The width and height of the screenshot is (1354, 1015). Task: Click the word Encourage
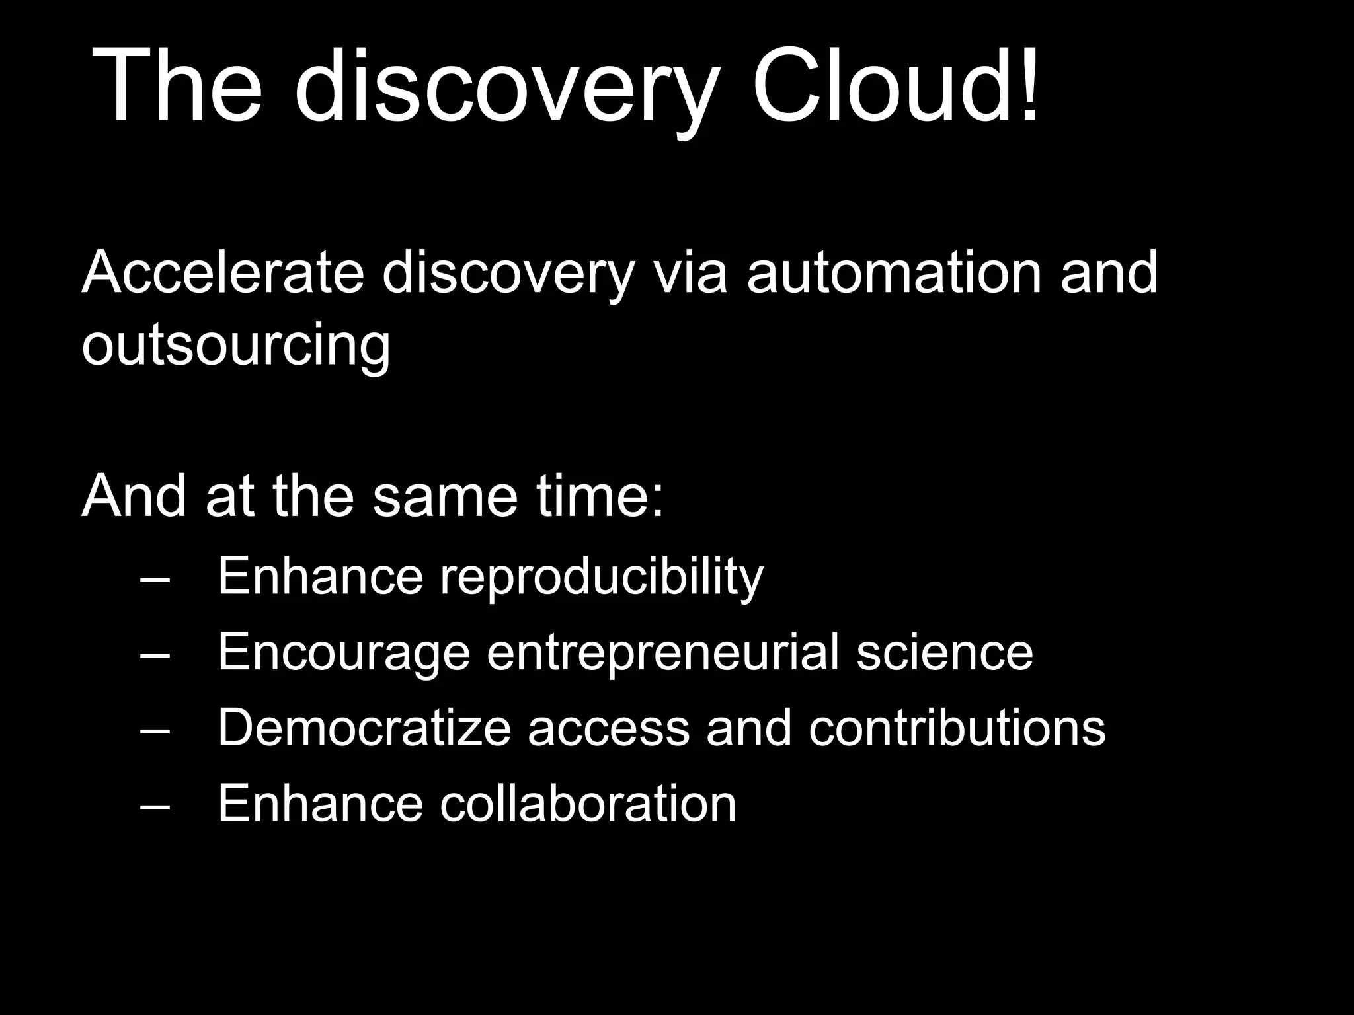click(x=344, y=653)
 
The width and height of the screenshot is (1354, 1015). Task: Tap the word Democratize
click(x=364, y=728)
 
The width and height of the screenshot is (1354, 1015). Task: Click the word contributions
click(x=957, y=728)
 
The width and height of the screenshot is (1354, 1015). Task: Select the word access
click(x=608, y=729)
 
